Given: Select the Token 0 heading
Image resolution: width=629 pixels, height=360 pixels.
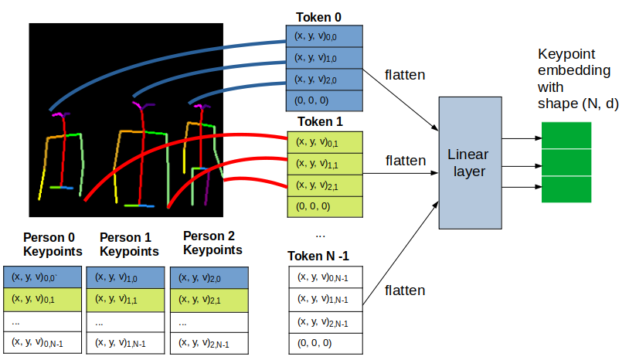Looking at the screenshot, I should tap(318, 16).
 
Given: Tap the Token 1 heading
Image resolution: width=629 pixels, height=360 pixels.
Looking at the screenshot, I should tap(319, 121).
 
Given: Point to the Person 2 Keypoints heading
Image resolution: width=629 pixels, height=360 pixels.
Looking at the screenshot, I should tap(212, 243).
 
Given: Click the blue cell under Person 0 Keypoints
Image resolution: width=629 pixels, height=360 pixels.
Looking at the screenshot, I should tap(42, 277).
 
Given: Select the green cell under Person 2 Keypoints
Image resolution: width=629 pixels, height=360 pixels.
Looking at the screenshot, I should tap(209, 298).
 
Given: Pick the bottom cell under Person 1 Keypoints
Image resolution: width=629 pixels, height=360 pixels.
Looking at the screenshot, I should tap(125, 342).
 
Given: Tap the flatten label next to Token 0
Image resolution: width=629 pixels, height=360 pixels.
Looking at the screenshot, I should tap(405, 75).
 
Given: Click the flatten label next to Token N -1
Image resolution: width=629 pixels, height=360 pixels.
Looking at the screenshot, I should tap(405, 290).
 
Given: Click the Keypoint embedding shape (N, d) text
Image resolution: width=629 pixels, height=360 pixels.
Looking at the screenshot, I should tap(577, 80).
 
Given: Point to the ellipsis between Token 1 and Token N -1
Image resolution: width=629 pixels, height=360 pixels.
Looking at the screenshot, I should tap(321, 234).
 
